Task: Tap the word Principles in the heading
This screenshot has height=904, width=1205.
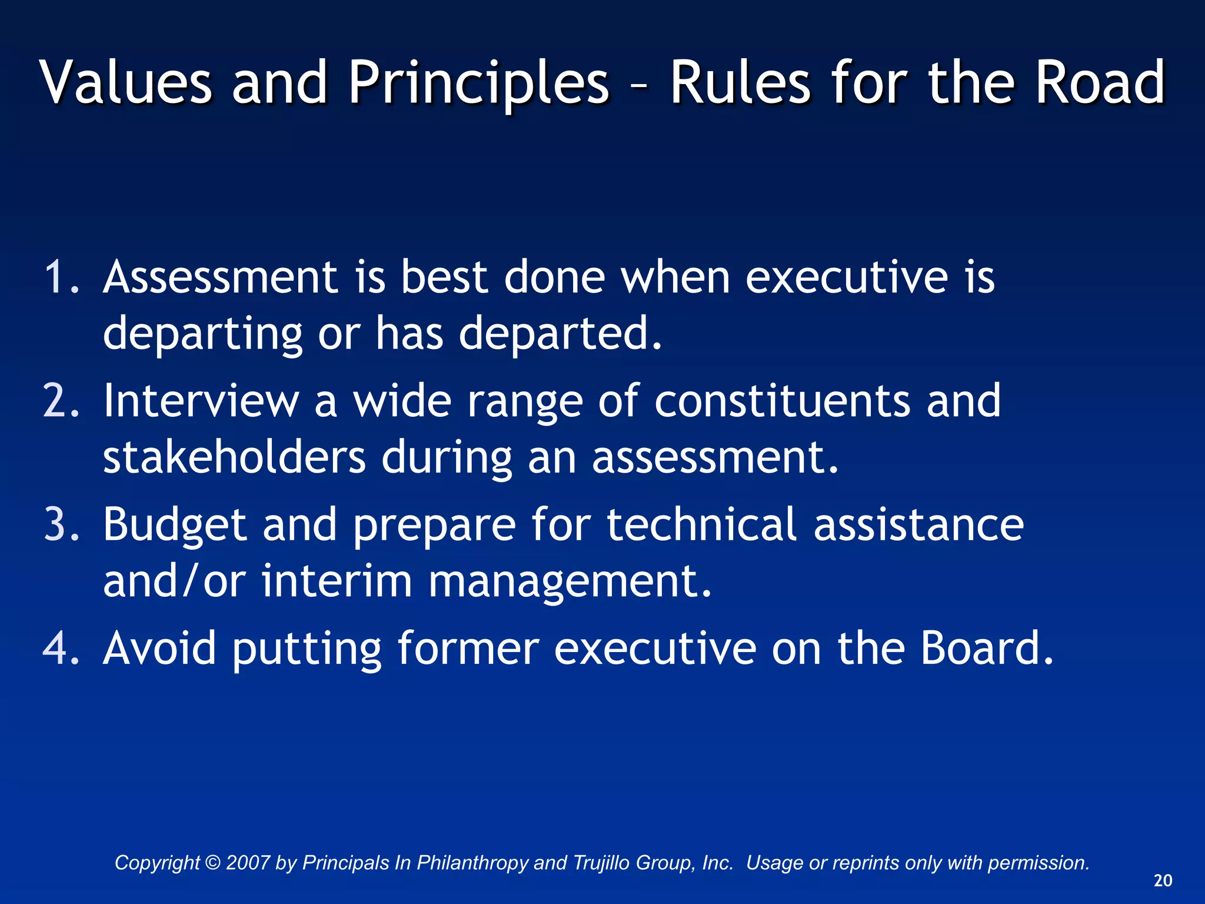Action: [478, 84]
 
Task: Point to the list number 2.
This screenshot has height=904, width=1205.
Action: [61, 401]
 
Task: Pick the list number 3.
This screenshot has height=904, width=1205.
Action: [61, 524]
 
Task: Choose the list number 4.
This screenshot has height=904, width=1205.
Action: [61, 648]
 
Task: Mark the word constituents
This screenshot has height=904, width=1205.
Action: [782, 401]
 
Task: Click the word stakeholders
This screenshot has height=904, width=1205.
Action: [234, 457]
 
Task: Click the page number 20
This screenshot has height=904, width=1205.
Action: [1163, 880]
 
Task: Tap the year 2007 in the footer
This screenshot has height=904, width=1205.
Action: [248, 863]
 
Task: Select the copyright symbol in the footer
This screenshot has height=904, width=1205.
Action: [213, 863]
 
